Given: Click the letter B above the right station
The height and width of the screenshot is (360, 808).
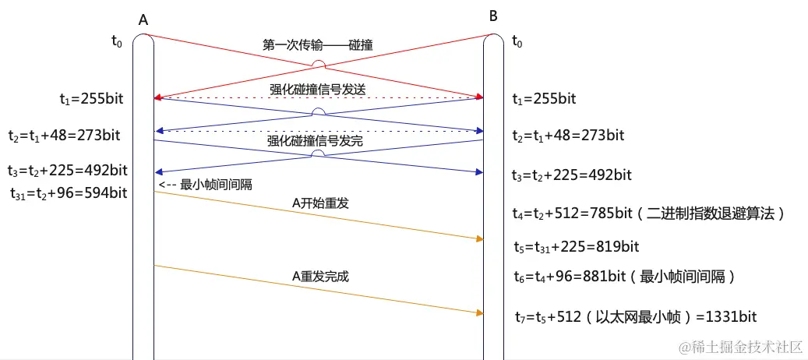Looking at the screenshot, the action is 492,16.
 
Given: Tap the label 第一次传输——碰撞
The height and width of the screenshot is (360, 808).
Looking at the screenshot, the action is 317,45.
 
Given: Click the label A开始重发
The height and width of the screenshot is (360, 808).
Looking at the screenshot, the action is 319,203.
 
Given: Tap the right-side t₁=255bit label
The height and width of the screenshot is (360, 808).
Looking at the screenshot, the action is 544,99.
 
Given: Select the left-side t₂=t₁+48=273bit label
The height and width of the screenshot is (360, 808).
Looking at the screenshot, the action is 64,135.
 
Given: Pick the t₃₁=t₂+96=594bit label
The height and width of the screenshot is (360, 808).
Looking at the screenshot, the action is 69,192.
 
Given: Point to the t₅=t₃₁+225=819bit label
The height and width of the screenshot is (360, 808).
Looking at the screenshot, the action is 577,247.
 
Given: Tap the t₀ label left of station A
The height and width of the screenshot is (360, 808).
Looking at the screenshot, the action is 117,41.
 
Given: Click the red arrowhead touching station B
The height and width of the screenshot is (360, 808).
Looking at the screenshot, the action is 479,97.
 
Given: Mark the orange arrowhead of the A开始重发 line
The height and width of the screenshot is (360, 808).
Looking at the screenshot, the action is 479,238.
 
